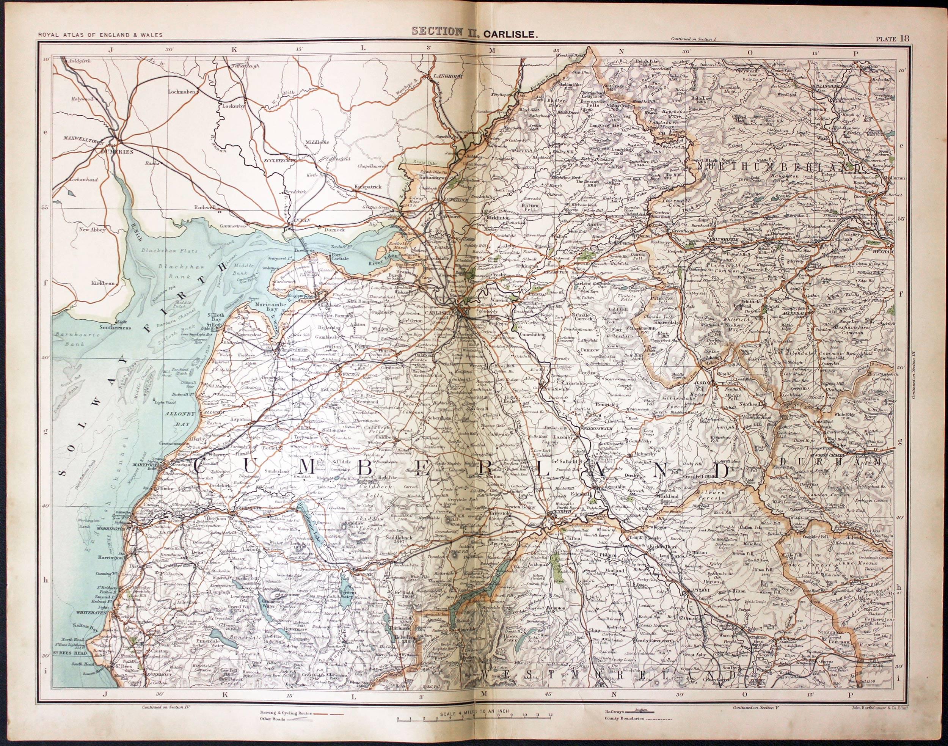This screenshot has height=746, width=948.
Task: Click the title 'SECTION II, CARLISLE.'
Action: click(473, 32)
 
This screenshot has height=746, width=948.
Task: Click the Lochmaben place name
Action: click(184, 92)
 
